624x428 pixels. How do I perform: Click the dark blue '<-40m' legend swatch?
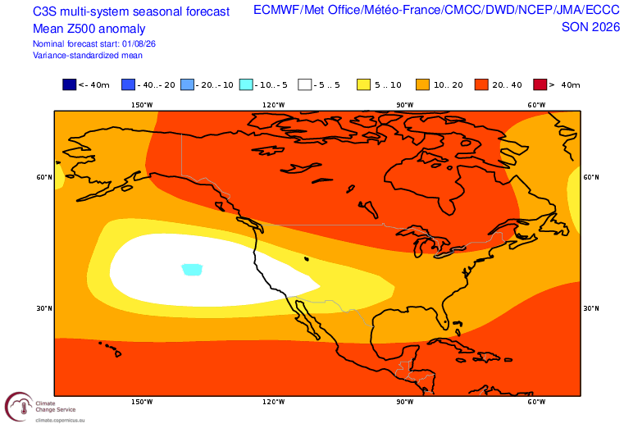pyautogui.click(x=69, y=84)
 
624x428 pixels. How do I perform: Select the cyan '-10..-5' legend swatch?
pyautogui.click(x=246, y=84)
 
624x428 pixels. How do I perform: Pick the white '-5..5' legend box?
pyautogui.click(x=305, y=84)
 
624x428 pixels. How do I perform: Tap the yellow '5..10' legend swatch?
pyautogui.click(x=364, y=84)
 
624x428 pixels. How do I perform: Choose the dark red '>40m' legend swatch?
pyautogui.click(x=540, y=84)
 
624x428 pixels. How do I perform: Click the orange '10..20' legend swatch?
pyautogui.click(x=422, y=84)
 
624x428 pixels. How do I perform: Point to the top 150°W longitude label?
pyautogui.click(x=142, y=105)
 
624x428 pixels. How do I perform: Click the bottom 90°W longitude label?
pyautogui.click(x=405, y=402)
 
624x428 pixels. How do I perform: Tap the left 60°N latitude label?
pyautogui.click(x=44, y=177)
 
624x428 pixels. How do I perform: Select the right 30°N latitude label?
pyautogui.click(x=591, y=308)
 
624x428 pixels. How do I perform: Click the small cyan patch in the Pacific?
pyautogui.click(x=192, y=270)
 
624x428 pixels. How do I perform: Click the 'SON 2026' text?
pyautogui.click(x=590, y=27)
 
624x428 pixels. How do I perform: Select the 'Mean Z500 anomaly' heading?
pyautogui.click(x=89, y=29)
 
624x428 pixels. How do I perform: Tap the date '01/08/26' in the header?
pyautogui.click(x=139, y=43)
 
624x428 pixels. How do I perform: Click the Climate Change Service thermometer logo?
pyautogui.click(x=19, y=407)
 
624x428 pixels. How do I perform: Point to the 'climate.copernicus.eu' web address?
pyautogui.click(x=60, y=420)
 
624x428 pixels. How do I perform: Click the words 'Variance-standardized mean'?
pyautogui.click(x=88, y=55)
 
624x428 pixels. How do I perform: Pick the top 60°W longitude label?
pyautogui.click(x=536, y=105)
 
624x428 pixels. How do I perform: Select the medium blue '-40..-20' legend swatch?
pyautogui.click(x=128, y=84)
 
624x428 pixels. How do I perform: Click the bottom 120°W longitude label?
pyautogui.click(x=273, y=402)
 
